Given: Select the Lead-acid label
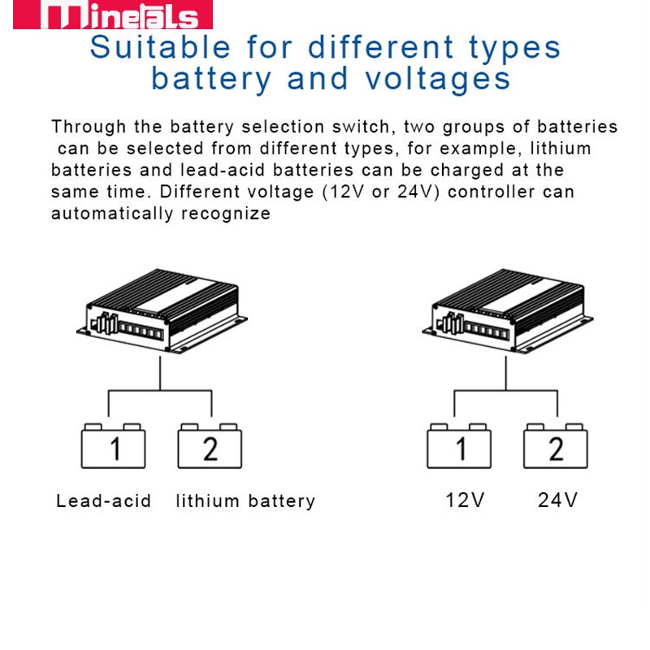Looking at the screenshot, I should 103,500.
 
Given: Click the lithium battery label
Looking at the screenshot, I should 245,500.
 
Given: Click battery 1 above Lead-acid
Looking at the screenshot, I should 114,448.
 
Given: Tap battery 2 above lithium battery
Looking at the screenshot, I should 210,448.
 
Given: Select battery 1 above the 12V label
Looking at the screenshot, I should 460,448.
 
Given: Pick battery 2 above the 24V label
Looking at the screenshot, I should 556,448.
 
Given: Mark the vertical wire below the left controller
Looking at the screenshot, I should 160,374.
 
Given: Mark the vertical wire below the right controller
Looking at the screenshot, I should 506,374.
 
